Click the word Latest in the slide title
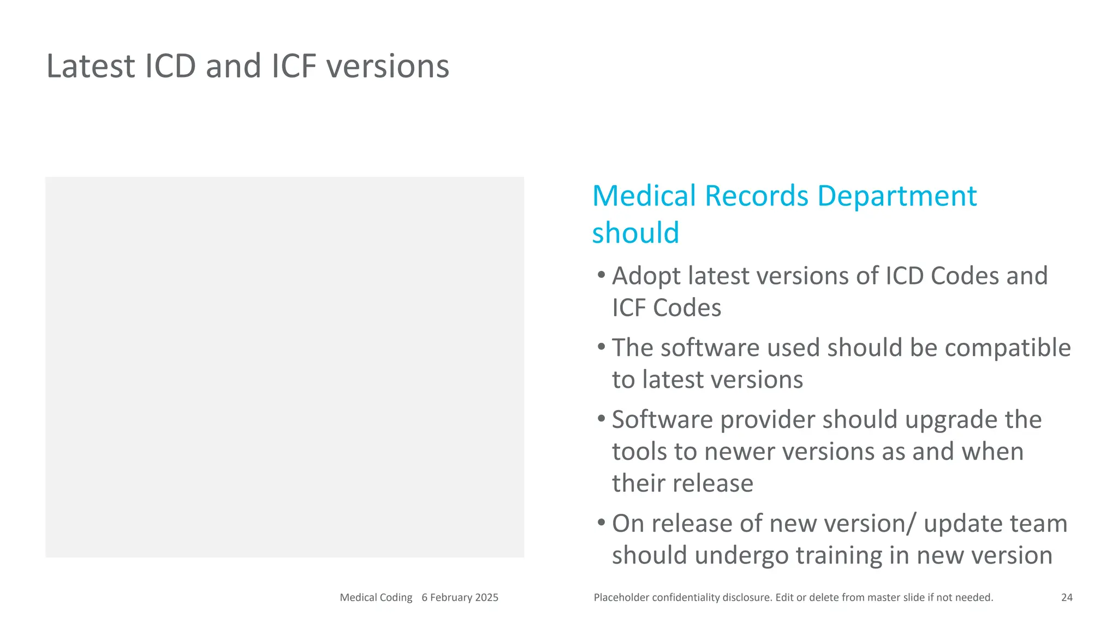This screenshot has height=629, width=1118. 90,66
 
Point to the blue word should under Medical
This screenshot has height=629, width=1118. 635,233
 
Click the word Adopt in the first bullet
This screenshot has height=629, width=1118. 646,276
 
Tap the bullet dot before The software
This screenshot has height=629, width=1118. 601,346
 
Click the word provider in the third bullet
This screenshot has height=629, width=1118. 767,420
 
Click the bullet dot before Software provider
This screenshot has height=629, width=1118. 601,418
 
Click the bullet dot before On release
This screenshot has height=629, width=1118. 601,522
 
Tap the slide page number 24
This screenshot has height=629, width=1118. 1067,597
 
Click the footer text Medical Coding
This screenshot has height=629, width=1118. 376,597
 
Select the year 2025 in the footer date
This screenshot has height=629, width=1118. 486,597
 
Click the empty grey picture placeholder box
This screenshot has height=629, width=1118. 284,367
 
